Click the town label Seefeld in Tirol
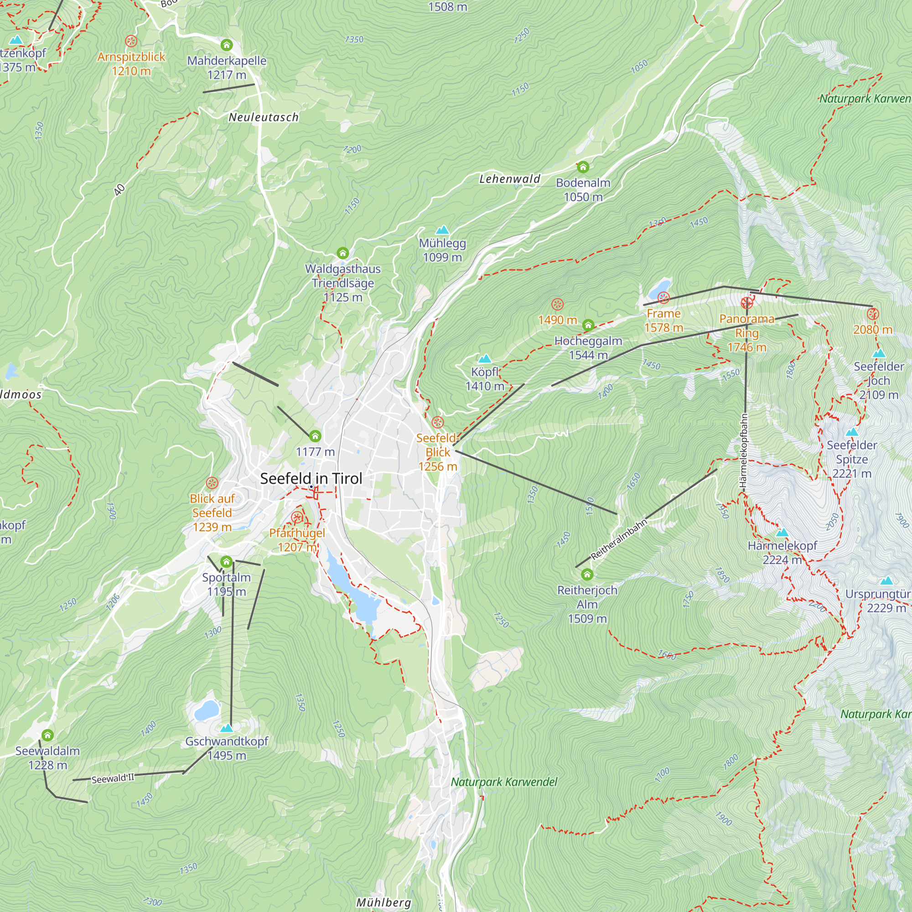[x=311, y=478]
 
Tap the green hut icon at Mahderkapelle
[x=227, y=45]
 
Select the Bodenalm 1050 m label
[x=583, y=189]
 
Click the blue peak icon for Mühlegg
[x=442, y=230]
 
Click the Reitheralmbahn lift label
[x=618, y=539]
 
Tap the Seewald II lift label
[x=113, y=778]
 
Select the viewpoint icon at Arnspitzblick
[x=131, y=41]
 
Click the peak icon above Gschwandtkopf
[x=227, y=728]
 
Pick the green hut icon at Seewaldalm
[x=47, y=735]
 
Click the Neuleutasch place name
[x=264, y=117]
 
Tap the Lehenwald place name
[x=510, y=179]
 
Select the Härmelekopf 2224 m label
[x=782, y=552]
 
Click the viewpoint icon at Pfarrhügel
[x=297, y=518]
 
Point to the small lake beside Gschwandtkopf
[x=207, y=710]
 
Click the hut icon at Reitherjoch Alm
[x=587, y=574]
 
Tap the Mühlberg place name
[x=383, y=902]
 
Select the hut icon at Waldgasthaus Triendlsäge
[x=343, y=253]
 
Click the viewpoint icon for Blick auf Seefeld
[x=212, y=483]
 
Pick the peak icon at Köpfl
[x=485, y=359]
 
